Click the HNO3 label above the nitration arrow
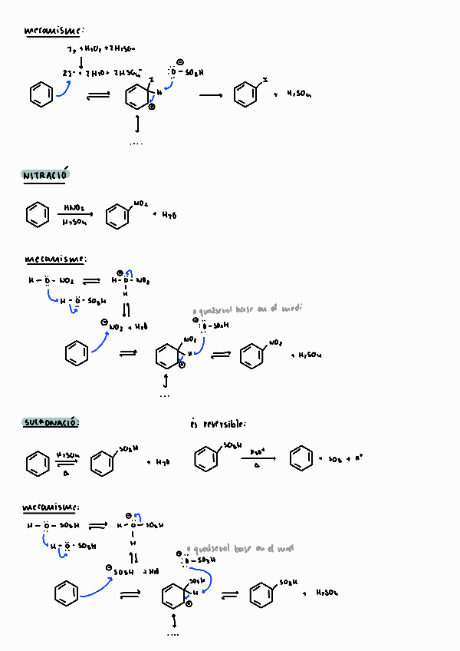[74, 207]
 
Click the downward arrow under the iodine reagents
[81, 61]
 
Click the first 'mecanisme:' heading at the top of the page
[54, 31]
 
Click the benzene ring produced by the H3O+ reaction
[300, 459]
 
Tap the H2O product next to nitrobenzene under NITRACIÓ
[169, 215]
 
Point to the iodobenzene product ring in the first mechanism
[245, 95]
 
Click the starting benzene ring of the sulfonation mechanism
[66, 593]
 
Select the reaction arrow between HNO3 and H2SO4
[74, 214]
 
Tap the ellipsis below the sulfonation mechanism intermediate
[172, 635]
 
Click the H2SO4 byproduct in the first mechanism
[298, 95]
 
